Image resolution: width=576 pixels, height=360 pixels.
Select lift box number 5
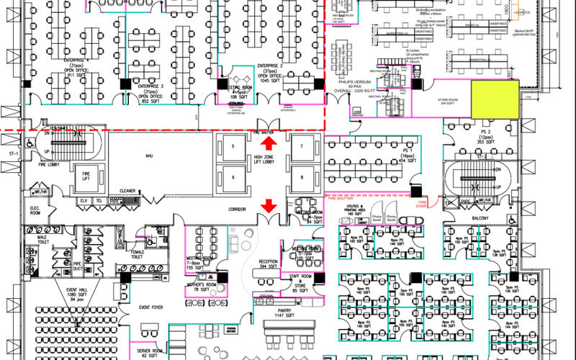[233, 148]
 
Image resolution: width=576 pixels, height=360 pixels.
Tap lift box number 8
[302, 176]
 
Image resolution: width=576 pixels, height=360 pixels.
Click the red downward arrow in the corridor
[269, 206]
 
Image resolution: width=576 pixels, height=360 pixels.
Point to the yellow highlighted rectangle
[495, 99]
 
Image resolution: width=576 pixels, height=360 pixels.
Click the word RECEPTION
[269, 261]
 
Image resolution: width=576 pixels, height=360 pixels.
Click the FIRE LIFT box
[85, 175]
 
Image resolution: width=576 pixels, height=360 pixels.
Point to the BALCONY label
[480, 219]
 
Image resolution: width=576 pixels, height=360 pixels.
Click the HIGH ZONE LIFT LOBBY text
[268, 161]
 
